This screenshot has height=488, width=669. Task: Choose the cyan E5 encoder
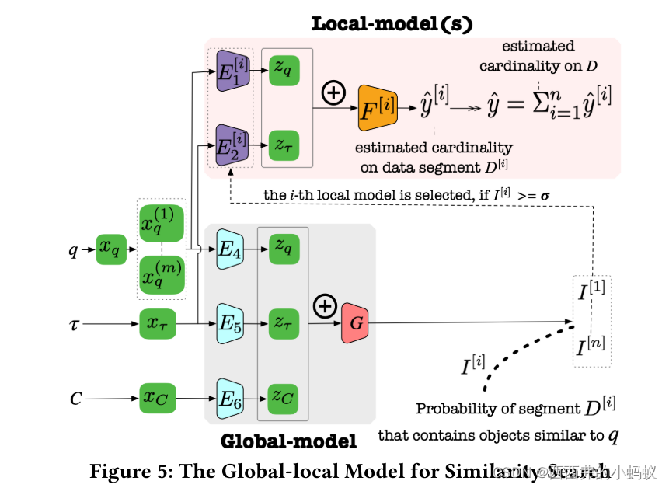pyautogui.click(x=231, y=322)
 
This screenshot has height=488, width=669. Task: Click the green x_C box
pyautogui.click(x=159, y=399)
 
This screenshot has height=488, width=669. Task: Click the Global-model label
pyautogui.click(x=288, y=442)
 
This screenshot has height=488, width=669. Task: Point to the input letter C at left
pyautogui.click(x=75, y=399)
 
